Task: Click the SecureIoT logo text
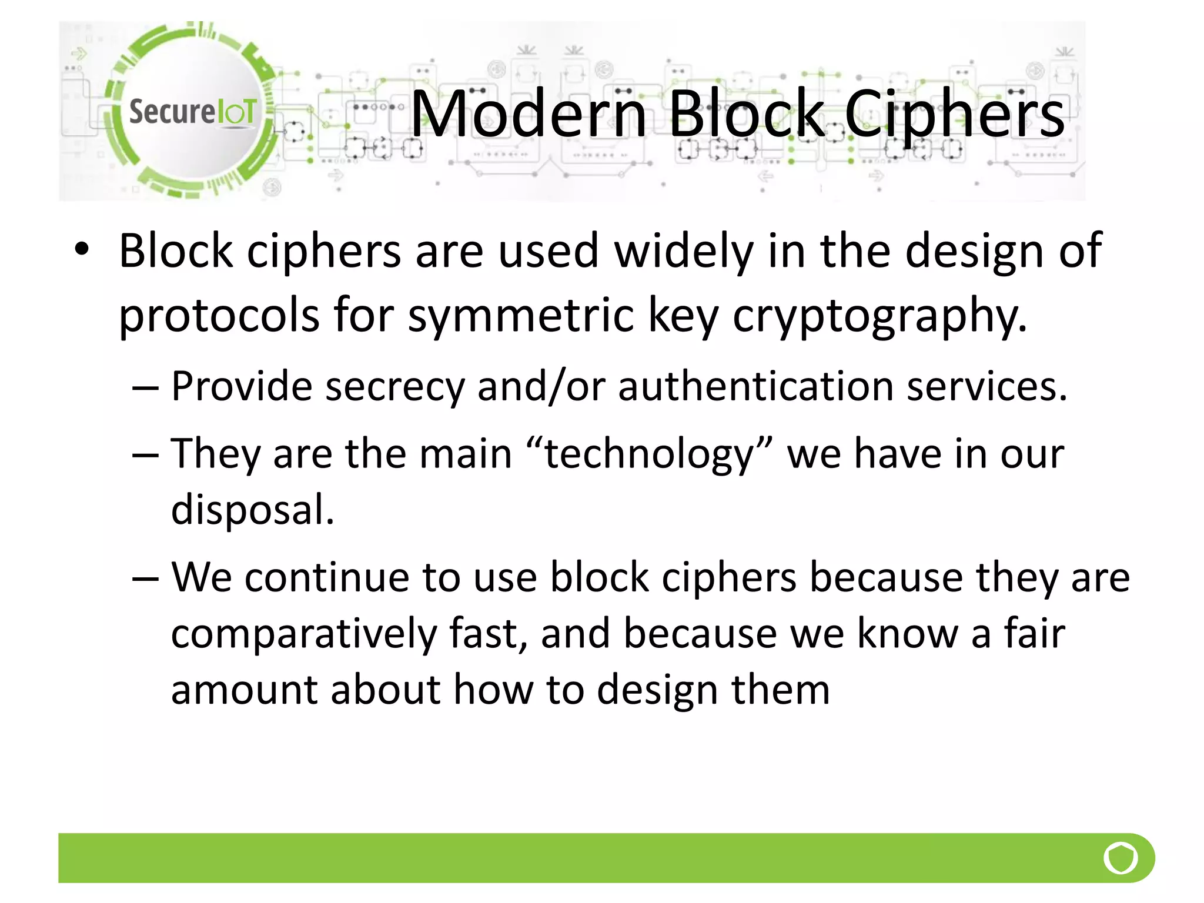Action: [x=192, y=112]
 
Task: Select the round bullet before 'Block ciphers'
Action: [x=82, y=249]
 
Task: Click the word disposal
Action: [x=252, y=509]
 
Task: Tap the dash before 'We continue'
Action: [x=145, y=578]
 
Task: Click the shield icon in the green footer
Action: [x=1121, y=858]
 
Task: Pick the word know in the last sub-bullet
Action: [x=907, y=634]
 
